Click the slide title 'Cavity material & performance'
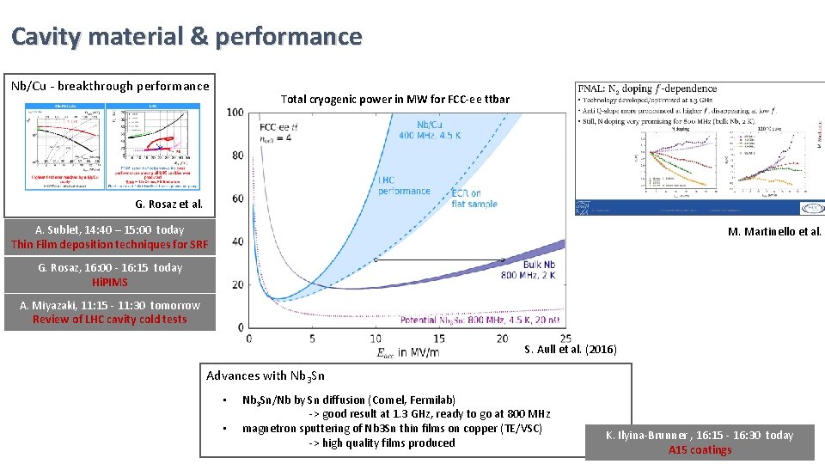[x=186, y=37]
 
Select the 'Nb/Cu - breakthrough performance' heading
[x=109, y=86]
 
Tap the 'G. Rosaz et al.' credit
[x=168, y=205]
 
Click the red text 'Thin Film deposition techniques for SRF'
[x=109, y=244]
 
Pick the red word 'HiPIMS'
[x=109, y=282]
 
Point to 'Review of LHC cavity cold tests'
[x=109, y=320]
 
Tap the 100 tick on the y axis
[x=235, y=113]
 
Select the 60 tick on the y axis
[x=237, y=198]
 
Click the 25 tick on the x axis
[x=565, y=339]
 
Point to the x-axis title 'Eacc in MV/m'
[x=408, y=351]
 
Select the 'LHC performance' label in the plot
[x=403, y=186]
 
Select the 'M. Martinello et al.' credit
[x=774, y=231]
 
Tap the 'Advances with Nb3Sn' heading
[x=266, y=375]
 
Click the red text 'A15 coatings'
[x=700, y=449]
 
